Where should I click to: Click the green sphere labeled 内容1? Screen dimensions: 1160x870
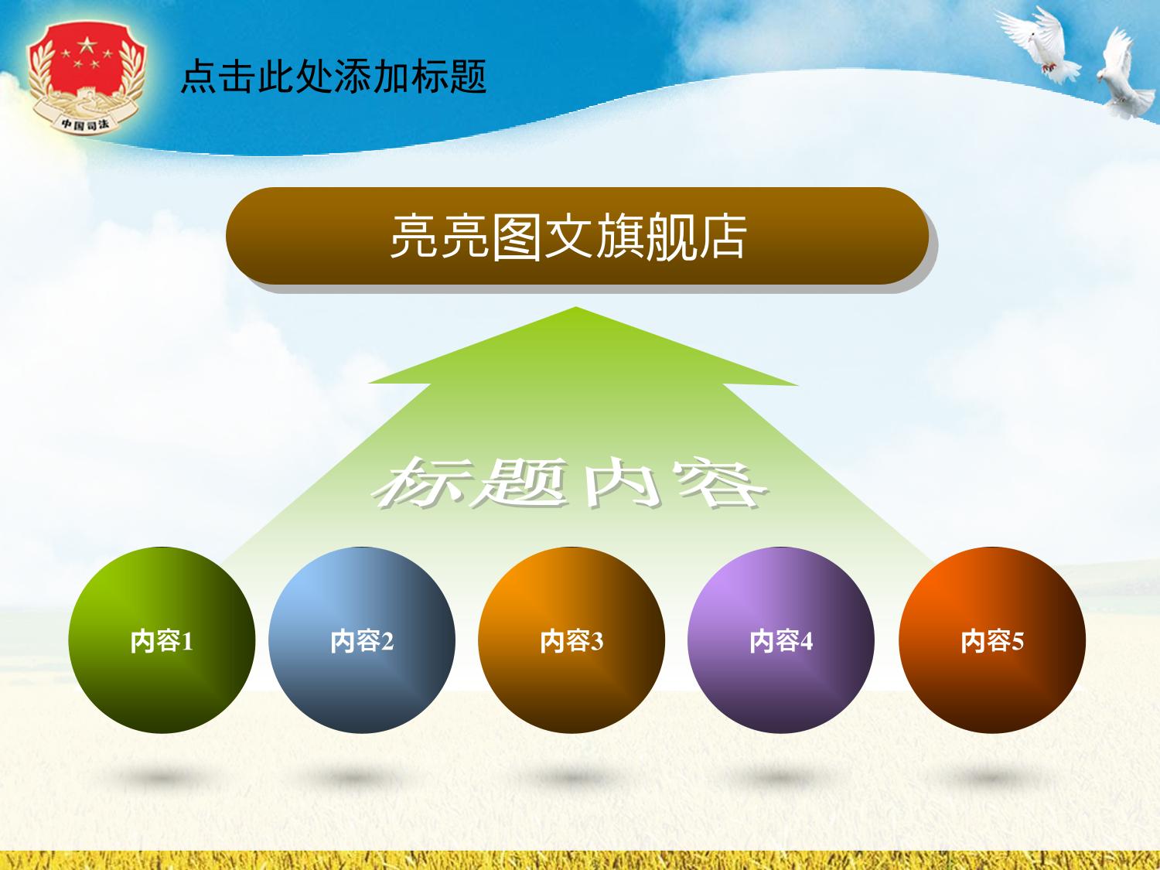point(162,640)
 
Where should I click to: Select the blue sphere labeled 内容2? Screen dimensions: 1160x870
point(362,640)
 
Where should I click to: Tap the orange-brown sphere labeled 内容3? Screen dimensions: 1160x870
point(571,640)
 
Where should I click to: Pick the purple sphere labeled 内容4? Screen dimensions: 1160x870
point(781,640)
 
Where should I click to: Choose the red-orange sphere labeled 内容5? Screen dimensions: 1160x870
point(992,640)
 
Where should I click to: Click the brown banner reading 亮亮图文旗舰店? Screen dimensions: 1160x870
point(577,236)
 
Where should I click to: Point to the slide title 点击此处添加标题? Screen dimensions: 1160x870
point(333,77)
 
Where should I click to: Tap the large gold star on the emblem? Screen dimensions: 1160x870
point(85,44)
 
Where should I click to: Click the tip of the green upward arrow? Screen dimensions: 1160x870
point(575,307)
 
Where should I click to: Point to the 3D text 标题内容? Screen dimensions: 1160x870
point(570,483)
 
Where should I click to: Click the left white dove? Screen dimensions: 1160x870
point(1040,46)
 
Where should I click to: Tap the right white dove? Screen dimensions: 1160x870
point(1124,74)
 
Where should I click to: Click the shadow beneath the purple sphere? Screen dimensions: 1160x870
point(781,777)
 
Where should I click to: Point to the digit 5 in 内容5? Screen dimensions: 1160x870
point(1017,642)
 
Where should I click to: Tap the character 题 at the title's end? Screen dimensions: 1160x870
point(468,77)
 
